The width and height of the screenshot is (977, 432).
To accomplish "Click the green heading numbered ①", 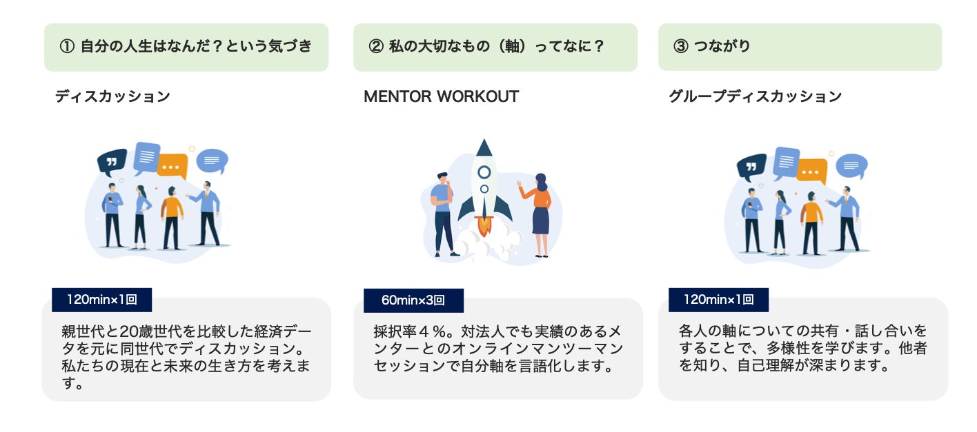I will [x=186, y=47].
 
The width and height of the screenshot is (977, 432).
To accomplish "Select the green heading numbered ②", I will [x=495, y=47].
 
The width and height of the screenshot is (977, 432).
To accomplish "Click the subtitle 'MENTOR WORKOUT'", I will [x=441, y=96].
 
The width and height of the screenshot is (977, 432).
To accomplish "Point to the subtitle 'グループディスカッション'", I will [x=755, y=96].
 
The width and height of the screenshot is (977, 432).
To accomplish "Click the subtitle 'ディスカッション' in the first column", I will [x=112, y=96].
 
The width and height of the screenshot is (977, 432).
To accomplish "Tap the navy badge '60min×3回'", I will [x=413, y=300].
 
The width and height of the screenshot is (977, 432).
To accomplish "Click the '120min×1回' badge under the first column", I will [x=101, y=300].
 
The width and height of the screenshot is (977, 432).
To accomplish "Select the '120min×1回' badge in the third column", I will [x=718, y=300].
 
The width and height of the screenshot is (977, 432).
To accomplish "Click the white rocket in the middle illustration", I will [x=484, y=179].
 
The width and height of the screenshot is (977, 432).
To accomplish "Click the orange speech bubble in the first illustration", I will [x=172, y=166].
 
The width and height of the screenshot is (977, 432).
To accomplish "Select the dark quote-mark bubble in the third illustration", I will [x=751, y=166].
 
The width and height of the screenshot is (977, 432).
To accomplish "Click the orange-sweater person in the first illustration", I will [x=171, y=217].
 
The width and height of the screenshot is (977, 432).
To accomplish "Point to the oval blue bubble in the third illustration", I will [x=851, y=165].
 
